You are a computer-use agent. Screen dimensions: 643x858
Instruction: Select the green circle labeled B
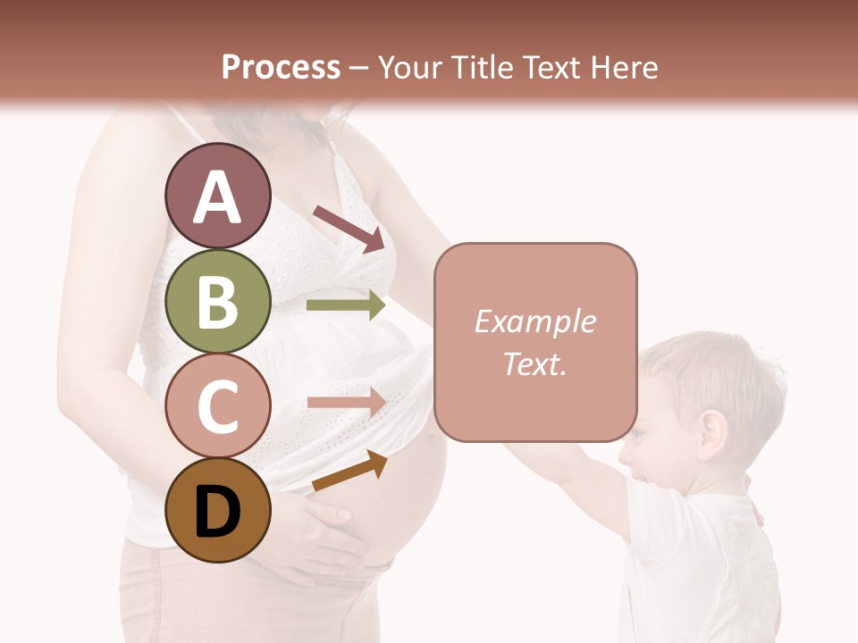coord(217,301)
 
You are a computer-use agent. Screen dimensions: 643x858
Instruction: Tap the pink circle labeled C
coord(217,405)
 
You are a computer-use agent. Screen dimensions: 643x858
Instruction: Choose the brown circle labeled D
coord(217,510)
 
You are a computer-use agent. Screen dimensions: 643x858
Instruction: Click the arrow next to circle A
coord(349,229)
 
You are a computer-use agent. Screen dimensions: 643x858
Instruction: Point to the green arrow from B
coord(345,305)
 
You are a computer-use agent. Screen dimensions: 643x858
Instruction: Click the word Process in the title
coord(281,67)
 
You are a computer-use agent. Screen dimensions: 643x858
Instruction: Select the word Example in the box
coord(534,321)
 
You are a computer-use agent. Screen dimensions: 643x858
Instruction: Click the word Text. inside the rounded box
coord(534,364)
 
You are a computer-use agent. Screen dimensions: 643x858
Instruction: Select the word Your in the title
coord(408,67)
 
